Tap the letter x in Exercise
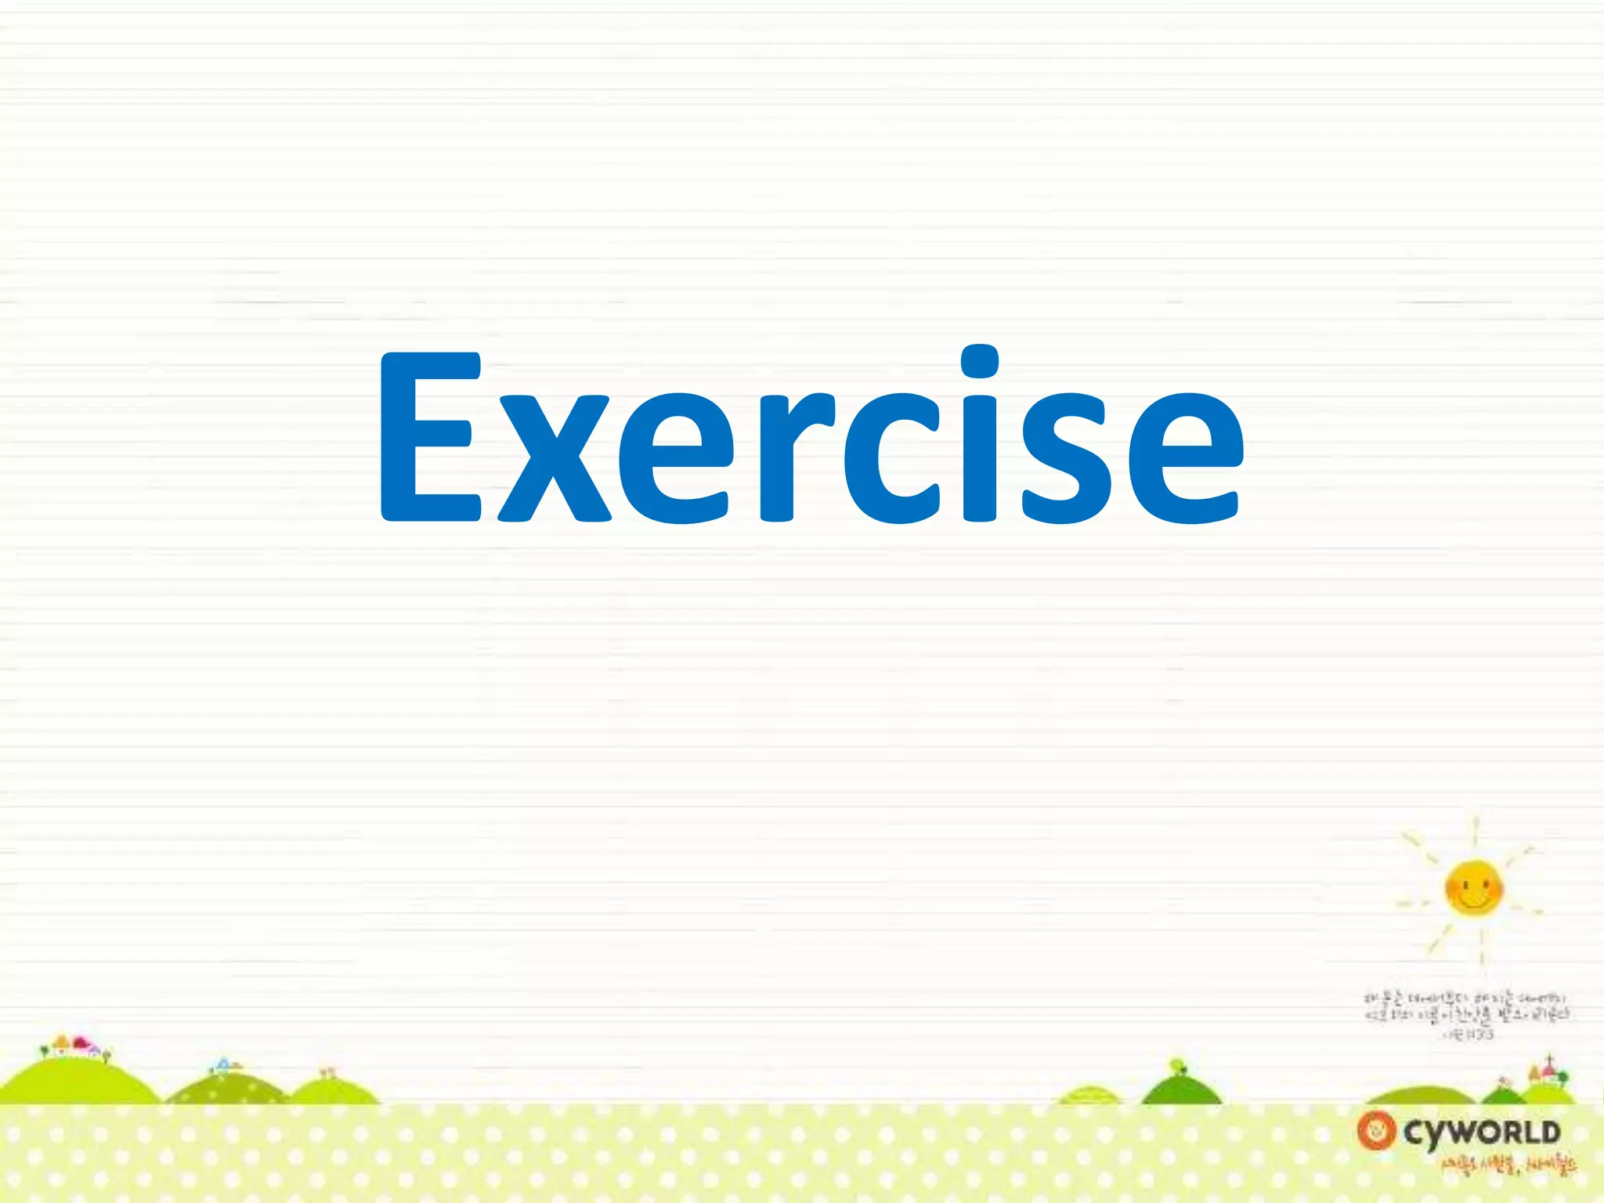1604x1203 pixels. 554,458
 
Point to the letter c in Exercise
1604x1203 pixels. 892,458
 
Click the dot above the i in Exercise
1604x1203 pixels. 979,362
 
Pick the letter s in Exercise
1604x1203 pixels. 1064,458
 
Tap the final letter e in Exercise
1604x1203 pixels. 1185,458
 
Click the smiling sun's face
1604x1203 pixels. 1474,887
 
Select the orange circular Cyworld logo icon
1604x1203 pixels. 1376,1131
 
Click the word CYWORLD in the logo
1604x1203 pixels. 1482,1133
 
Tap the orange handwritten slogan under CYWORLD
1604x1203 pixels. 1508,1167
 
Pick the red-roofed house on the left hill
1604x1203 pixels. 80,1042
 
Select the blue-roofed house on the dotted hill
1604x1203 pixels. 224,1064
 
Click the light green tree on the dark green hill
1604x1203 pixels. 1176,1067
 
